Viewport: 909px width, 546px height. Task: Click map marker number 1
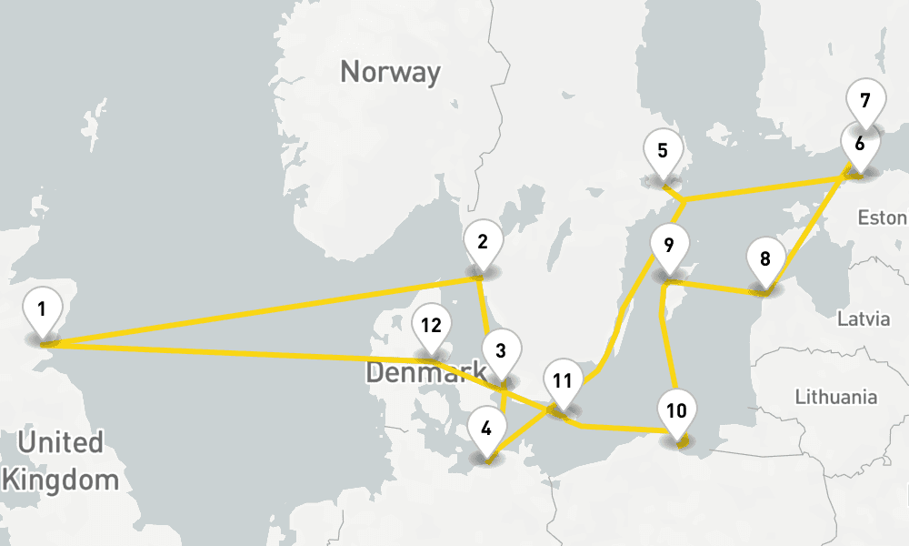tap(42, 309)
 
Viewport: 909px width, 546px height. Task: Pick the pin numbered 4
tap(487, 427)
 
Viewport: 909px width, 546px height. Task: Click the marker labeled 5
tap(663, 151)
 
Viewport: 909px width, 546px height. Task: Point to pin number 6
tap(859, 144)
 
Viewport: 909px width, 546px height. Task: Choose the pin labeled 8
tap(765, 259)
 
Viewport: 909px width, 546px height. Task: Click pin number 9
tap(669, 246)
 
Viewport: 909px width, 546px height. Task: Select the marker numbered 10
tap(676, 410)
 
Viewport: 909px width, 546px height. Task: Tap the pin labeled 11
tap(563, 381)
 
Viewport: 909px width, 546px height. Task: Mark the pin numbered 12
tap(431, 326)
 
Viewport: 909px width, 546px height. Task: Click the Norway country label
tap(390, 72)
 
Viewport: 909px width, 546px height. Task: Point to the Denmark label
tap(425, 371)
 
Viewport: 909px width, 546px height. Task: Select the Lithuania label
tap(835, 397)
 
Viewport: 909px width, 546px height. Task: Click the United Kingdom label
tap(62, 461)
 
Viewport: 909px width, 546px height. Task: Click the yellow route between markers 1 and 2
tap(264, 311)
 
